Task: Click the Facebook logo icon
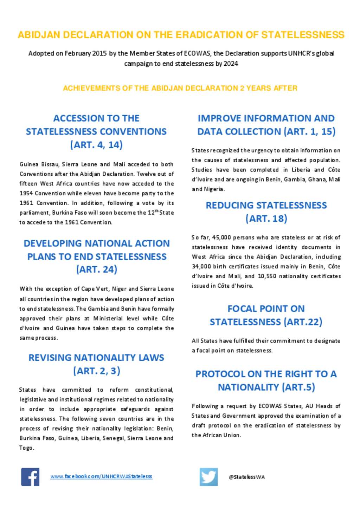(x=30, y=477)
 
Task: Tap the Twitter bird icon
(x=208, y=477)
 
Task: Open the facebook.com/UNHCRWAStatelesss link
(x=101, y=476)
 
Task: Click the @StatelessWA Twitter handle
(x=247, y=477)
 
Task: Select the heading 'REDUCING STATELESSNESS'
(x=266, y=205)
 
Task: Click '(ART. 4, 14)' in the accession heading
(x=96, y=145)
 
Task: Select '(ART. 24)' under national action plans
(x=97, y=269)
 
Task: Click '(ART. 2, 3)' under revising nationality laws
(x=97, y=371)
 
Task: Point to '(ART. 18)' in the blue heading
(x=266, y=218)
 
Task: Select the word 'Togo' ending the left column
(x=26, y=448)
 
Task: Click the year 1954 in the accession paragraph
(x=26, y=193)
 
